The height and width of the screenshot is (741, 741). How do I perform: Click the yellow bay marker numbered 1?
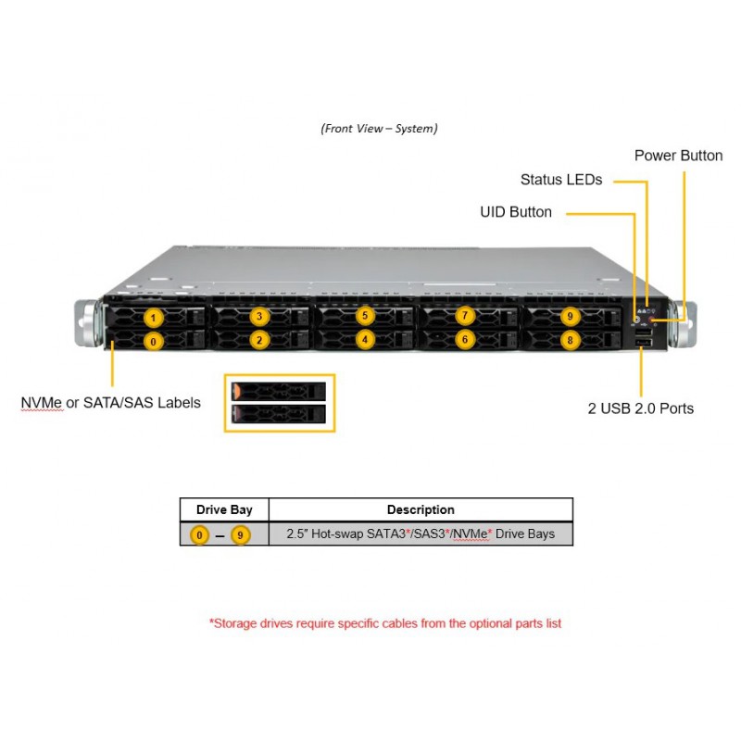pyautogui.click(x=153, y=318)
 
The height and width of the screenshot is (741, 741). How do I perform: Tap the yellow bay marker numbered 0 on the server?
pyautogui.click(x=153, y=341)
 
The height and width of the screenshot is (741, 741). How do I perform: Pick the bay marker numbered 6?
pyautogui.click(x=465, y=339)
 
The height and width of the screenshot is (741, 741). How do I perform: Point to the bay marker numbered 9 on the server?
pyautogui.click(x=570, y=316)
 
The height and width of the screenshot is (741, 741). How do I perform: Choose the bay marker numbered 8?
pyautogui.click(x=570, y=340)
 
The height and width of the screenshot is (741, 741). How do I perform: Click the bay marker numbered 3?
pyautogui.click(x=259, y=316)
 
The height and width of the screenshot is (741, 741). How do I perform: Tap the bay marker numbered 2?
pyautogui.click(x=259, y=340)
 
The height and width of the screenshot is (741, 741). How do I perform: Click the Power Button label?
pyautogui.click(x=678, y=156)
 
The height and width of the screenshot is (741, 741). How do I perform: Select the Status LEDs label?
pyautogui.click(x=561, y=180)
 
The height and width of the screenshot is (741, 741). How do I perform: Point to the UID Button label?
pyautogui.click(x=516, y=212)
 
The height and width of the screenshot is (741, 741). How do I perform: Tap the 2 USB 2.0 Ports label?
pyautogui.click(x=640, y=408)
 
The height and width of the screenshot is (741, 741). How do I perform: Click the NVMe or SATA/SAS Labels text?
pyautogui.click(x=110, y=403)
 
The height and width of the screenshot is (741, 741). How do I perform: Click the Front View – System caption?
pyautogui.click(x=379, y=129)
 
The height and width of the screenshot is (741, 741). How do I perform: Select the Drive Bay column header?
pyautogui.click(x=224, y=509)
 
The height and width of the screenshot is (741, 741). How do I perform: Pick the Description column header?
pyautogui.click(x=421, y=509)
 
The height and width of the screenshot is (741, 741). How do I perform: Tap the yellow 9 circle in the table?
pyautogui.click(x=240, y=535)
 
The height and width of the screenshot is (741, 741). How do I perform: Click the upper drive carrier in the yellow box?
pyautogui.click(x=279, y=391)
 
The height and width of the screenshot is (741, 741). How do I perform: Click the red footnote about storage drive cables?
pyautogui.click(x=385, y=623)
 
